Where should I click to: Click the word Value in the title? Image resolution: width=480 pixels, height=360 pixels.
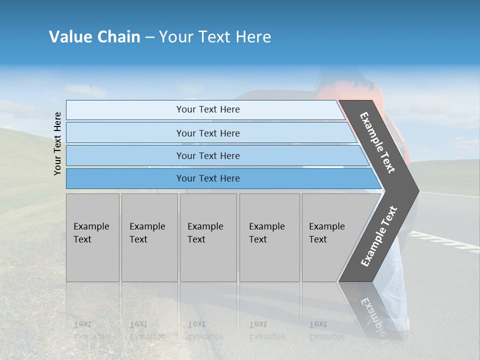click(70, 37)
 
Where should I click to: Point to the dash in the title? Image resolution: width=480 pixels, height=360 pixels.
click(149, 37)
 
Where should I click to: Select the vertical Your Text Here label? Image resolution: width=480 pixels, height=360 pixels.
click(57, 143)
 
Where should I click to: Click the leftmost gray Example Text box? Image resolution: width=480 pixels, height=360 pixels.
click(92, 237)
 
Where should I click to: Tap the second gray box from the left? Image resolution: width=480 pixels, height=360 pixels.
click(149, 237)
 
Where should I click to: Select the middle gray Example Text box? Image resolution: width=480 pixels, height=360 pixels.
click(208, 237)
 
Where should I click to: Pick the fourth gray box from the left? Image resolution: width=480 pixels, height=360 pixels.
click(269, 237)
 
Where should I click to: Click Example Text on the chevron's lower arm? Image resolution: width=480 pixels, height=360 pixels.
click(378, 236)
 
